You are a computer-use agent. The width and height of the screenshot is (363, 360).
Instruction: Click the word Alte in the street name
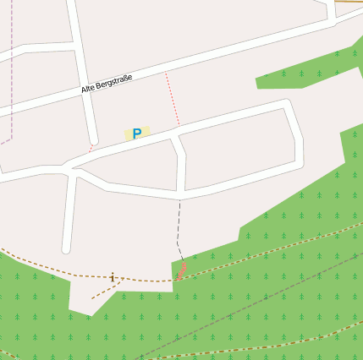(x=89, y=88)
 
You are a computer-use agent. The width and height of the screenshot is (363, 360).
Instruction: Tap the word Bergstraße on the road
(x=116, y=81)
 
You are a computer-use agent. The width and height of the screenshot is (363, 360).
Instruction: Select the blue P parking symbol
(x=136, y=134)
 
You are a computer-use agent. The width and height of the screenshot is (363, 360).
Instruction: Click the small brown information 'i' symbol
(x=113, y=276)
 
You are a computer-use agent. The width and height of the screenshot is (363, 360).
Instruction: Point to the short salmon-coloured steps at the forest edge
(x=181, y=271)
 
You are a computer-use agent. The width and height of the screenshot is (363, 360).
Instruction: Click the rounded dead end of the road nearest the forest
(x=67, y=248)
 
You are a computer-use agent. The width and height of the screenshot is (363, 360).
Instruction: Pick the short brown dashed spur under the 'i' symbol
(x=103, y=290)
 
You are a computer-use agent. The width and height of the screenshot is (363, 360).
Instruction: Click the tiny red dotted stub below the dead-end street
(x=91, y=148)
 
